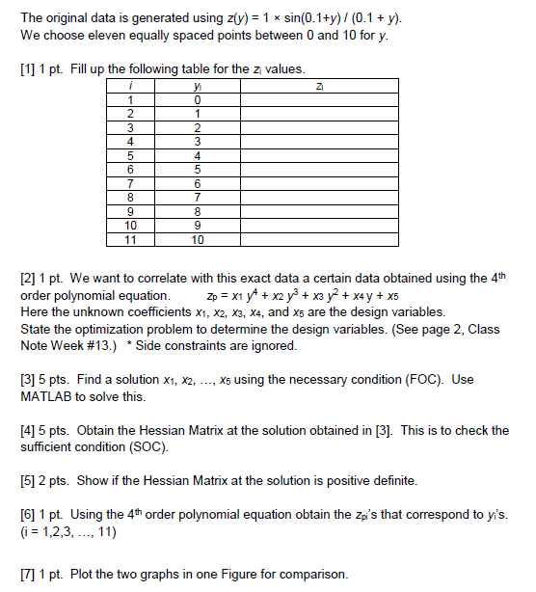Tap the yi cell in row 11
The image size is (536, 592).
coord(198,239)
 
